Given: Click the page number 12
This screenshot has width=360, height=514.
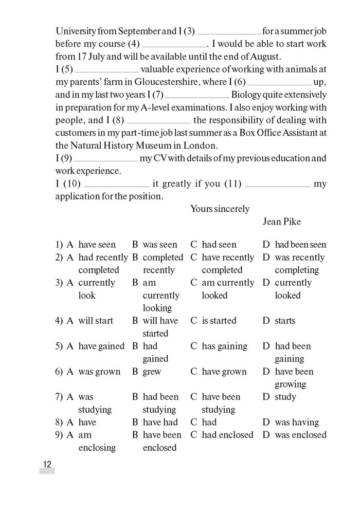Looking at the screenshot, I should coord(47,465).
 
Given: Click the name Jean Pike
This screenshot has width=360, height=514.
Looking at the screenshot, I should coord(282,222).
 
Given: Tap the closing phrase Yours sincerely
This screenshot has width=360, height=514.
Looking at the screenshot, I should coord(220,209).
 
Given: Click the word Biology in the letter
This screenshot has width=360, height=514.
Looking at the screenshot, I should coord(247,94).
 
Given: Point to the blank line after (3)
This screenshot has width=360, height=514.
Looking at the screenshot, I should coord(228,32).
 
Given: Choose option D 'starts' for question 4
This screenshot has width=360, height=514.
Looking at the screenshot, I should coord(284,321).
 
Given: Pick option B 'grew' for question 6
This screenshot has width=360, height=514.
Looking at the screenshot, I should coord(152,372).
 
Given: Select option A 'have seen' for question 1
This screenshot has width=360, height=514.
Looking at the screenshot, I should coord(97,245).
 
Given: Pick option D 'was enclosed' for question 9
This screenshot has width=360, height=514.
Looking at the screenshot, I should coord(300,435).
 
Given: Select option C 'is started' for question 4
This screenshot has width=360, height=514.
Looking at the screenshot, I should coord(219,321).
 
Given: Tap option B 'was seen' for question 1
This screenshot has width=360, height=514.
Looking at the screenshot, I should coord(159,245).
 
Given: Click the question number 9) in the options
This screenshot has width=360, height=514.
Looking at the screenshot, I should coord(59,435).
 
